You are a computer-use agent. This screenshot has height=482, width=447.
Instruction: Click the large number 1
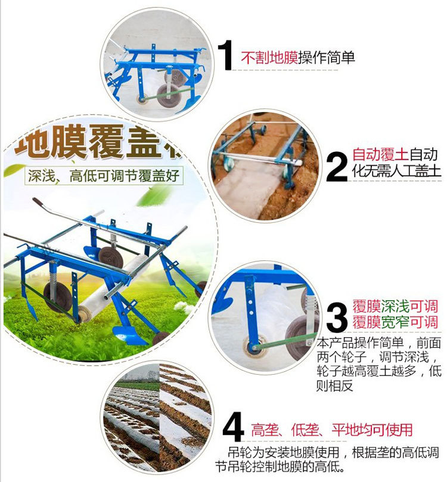pyautogui.click(x=224, y=56)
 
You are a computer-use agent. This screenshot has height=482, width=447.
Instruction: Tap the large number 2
pyautogui.click(x=337, y=166)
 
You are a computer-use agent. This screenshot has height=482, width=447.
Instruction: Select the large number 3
pyautogui.click(x=337, y=316)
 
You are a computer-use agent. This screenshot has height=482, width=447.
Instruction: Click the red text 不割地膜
pyautogui.click(x=269, y=58)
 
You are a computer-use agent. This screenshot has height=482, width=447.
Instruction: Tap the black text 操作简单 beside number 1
pyautogui.click(x=327, y=58)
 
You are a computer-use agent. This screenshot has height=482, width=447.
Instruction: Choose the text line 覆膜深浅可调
pyautogui.click(x=395, y=307)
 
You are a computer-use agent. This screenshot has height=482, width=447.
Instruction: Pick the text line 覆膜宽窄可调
pyautogui.click(x=395, y=323)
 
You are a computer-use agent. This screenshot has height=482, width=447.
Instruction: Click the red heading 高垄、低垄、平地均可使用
pyautogui.click(x=331, y=430)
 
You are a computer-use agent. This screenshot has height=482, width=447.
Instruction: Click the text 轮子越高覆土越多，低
pyautogui.click(x=379, y=371)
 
